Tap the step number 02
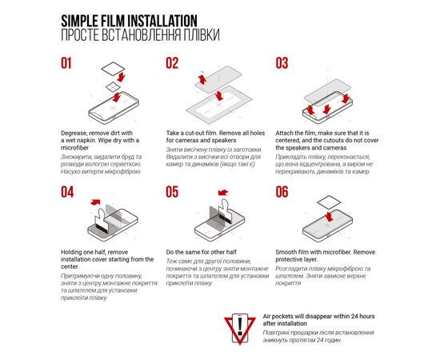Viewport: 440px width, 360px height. (x=172, y=64)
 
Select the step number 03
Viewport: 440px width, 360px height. (x=282, y=64)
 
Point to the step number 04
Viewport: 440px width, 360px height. (x=67, y=192)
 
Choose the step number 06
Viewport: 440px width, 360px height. (x=282, y=192)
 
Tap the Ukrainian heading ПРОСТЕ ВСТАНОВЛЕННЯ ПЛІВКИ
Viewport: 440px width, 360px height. (x=138, y=36)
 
